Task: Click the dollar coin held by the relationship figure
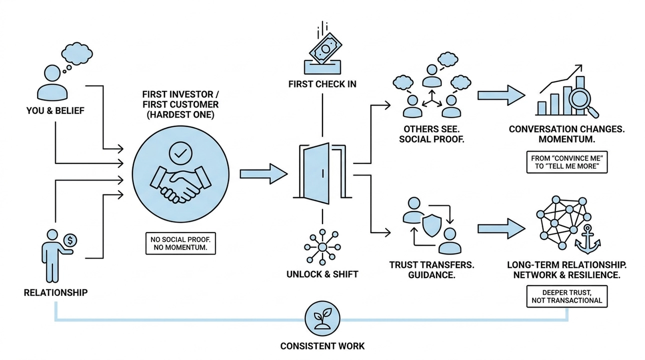[x=70, y=240]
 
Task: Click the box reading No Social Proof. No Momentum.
[x=180, y=243]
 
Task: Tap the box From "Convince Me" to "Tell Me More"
[x=566, y=162]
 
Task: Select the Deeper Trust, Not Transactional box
[x=566, y=296]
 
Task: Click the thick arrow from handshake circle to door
[x=263, y=173]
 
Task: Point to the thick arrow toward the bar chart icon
[x=501, y=94]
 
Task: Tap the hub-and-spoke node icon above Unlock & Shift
[x=322, y=247]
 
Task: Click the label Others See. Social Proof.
[x=431, y=134]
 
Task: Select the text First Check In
[x=322, y=84]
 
